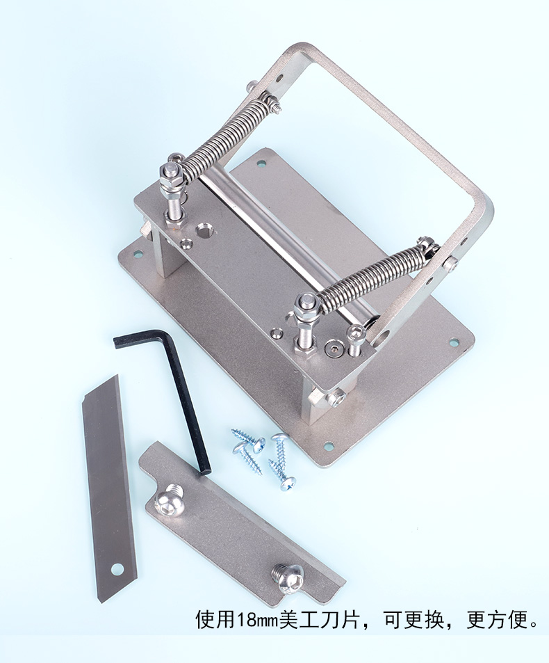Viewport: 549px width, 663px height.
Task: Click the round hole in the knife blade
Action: [x=117, y=569]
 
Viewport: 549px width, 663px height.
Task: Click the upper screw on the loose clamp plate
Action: [x=168, y=500]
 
